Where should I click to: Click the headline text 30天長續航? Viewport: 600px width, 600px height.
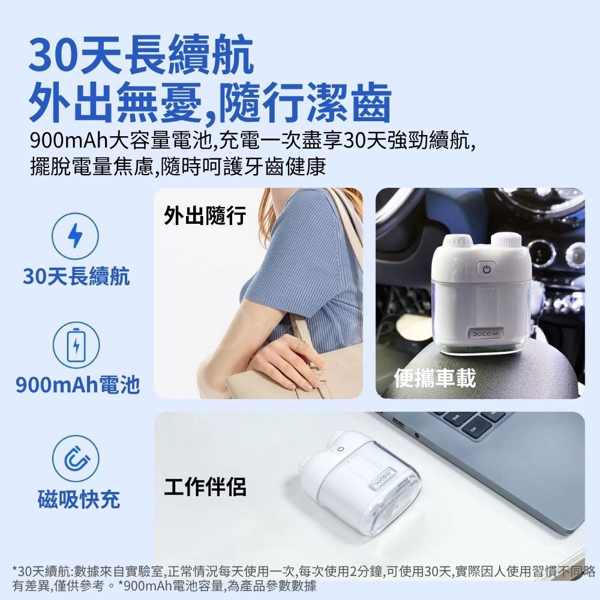tap(142, 55)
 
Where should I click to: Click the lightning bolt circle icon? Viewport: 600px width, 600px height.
tap(74, 236)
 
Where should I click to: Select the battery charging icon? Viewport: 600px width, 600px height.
tap(74, 346)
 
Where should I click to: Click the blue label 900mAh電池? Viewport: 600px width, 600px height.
tap(77, 384)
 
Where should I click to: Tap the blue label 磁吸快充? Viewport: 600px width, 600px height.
tap(79, 498)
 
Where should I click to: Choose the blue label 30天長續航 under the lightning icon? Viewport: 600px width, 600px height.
tap(76, 276)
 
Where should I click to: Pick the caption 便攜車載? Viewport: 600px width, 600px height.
tap(434, 378)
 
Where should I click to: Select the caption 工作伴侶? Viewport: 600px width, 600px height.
tap(205, 487)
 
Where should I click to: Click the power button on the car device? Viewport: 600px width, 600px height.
tap(486, 270)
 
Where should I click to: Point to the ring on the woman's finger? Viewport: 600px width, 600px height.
tap(301, 344)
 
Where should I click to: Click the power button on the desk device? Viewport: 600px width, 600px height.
tap(340, 449)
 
